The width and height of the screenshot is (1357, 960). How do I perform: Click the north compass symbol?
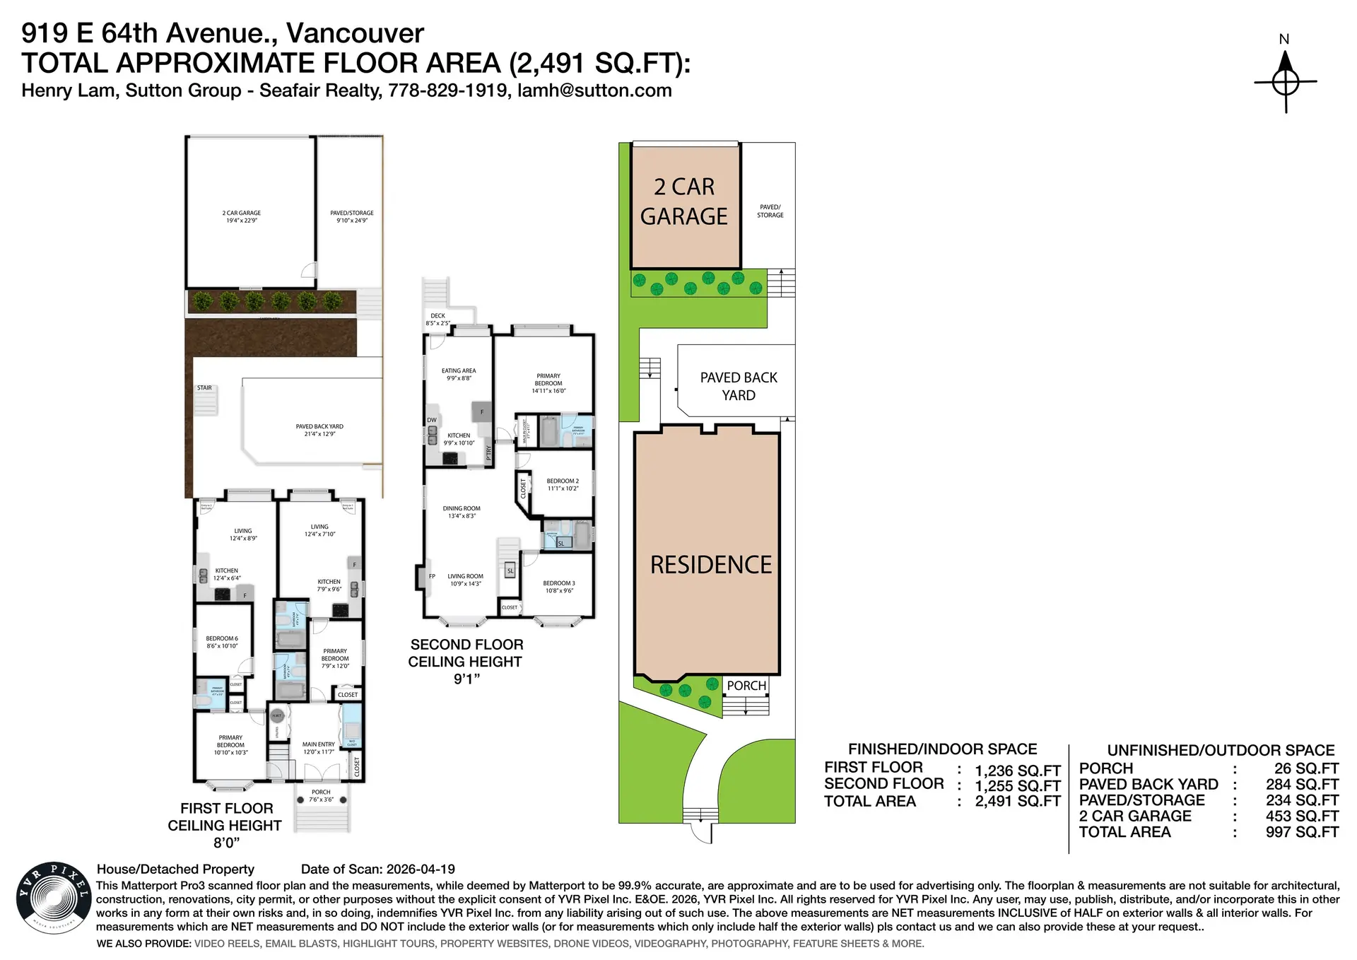(x=1285, y=81)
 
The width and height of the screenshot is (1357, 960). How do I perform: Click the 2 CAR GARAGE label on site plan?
(x=683, y=201)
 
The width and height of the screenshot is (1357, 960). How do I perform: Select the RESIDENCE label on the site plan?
(x=710, y=565)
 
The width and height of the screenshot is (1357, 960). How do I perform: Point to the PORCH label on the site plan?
(x=746, y=686)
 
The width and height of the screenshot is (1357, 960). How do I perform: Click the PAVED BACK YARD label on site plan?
(x=739, y=386)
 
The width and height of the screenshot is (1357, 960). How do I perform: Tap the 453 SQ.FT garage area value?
(x=1302, y=816)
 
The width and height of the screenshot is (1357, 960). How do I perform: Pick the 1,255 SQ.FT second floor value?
(x=1017, y=786)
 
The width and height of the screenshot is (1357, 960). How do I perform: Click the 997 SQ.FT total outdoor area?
(x=1302, y=833)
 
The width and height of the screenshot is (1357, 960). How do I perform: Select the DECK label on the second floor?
(x=437, y=316)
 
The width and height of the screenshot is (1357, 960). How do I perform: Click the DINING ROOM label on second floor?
(x=462, y=508)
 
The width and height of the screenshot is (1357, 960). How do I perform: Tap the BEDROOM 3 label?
(x=558, y=583)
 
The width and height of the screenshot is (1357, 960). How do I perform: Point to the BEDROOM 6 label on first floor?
(x=222, y=638)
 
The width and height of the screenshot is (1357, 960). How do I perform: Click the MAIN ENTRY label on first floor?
(x=319, y=744)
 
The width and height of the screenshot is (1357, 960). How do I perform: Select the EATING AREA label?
(x=459, y=370)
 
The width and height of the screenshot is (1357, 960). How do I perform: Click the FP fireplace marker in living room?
(x=432, y=576)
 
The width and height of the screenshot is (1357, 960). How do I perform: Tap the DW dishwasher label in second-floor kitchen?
(x=431, y=420)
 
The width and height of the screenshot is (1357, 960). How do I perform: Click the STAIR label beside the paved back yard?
(x=204, y=388)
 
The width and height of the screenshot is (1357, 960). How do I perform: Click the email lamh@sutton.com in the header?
(x=594, y=90)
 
